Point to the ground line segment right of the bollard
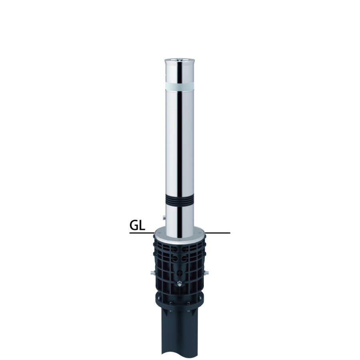pyautogui.click(x=218, y=233)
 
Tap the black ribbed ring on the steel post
pyautogui.click(x=180, y=200)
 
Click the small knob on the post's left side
pyautogui.click(x=164, y=218)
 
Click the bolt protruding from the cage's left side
pyautogui.click(x=152, y=273)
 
